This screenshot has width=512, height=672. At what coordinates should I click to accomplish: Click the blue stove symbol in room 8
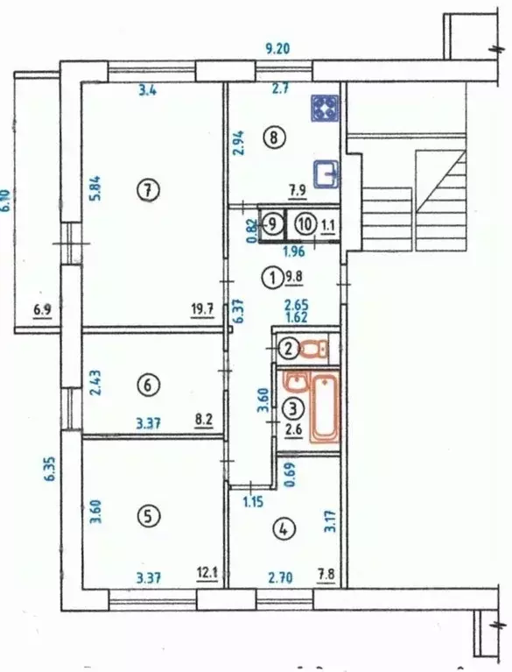(x=325, y=108)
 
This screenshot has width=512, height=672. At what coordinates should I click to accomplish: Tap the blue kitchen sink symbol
(x=326, y=174)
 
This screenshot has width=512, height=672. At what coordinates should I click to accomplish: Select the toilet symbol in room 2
(x=315, y=349)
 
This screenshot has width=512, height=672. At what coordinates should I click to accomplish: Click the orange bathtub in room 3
(x=325, y=407)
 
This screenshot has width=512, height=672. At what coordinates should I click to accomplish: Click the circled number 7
(x=149, y=191)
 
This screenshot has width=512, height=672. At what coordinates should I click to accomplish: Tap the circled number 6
(x=148, y=386)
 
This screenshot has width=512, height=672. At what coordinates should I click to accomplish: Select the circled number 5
(x=148, y=516)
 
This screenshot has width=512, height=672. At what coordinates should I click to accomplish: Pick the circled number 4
(x=284, y=530)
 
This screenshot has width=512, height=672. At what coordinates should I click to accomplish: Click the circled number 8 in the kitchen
(x=275, y=138)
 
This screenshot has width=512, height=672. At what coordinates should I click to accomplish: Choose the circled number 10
(x=305, y=224)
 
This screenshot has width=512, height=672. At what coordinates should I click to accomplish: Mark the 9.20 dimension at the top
(x=277, y=49)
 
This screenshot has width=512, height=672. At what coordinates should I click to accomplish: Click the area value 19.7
(x=202, y=309)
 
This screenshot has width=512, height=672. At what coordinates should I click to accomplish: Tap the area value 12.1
(x=207, y=573)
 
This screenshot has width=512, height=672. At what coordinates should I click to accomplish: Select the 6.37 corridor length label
(x=239, y=312)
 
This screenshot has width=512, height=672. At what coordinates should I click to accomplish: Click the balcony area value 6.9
(x=42, y=310)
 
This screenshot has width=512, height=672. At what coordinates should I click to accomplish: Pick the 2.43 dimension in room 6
(x=96, y=383)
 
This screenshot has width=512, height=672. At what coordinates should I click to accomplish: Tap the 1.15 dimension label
(x=253, y=501)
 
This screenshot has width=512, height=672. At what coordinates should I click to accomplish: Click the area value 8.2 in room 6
(x=204, y=419)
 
